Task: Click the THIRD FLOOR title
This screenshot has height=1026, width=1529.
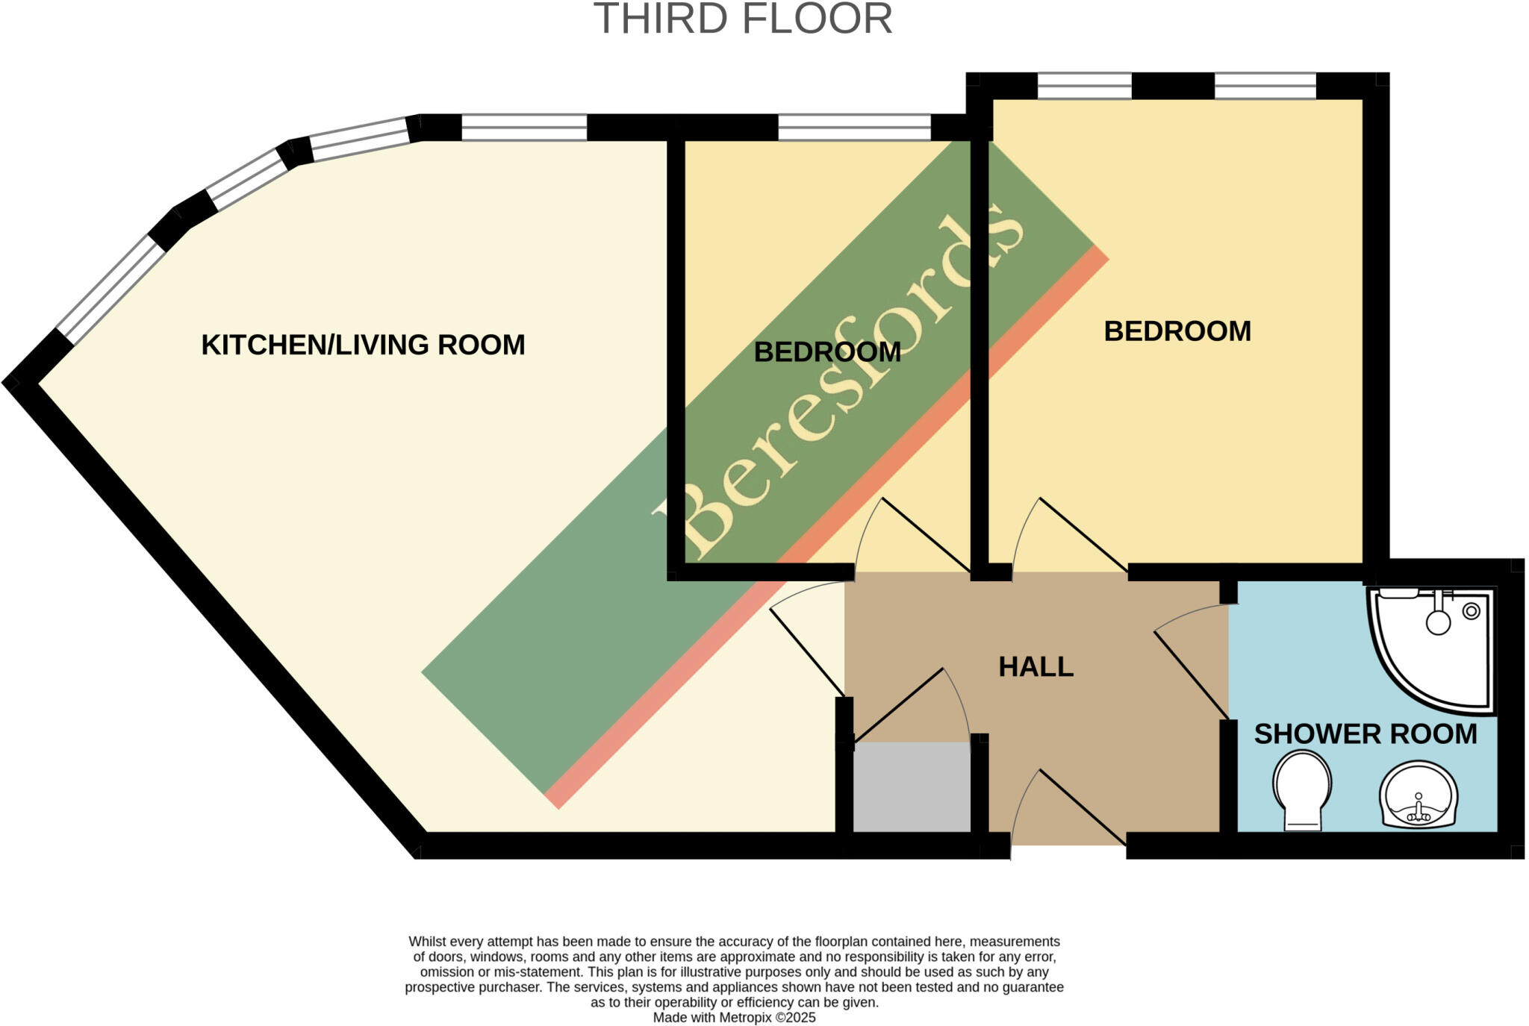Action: [x=743, y=19]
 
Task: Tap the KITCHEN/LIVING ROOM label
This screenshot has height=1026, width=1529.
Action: [x=364, y=345]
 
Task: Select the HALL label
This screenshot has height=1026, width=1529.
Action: [x=1036, y=666]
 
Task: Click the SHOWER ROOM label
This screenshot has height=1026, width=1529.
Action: [x=1365, y=734]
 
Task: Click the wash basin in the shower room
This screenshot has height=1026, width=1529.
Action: [x=1417, y=795]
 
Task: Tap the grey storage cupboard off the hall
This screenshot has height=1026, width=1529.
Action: [x=912, y=786]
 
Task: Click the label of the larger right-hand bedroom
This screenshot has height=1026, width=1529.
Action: [x=1177, y=331]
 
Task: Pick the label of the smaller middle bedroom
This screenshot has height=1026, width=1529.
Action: [x=826, y=352]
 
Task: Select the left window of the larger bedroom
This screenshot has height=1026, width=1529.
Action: [x=1084, y=87]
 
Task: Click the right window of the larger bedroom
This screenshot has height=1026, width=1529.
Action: [x=1265, y=87]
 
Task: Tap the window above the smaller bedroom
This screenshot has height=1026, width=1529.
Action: [x=854, y=128]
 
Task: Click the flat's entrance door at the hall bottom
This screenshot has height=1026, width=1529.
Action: [x=1068, y=810]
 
